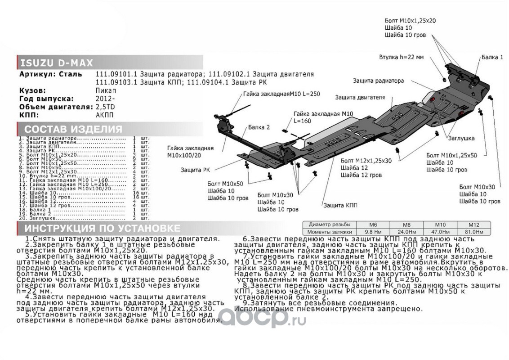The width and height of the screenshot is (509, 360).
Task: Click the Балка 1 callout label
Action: (x=492, y=58)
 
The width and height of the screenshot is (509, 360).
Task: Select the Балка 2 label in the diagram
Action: (x=259, y=127)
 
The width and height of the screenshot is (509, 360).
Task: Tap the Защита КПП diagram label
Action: (x=340, y=205)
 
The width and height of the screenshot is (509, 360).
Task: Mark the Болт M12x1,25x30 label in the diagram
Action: (x=366, y=160)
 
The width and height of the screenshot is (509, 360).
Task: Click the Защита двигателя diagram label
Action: (x=360, y=97)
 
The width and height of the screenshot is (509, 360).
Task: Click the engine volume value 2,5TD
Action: (x=105, y=107)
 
